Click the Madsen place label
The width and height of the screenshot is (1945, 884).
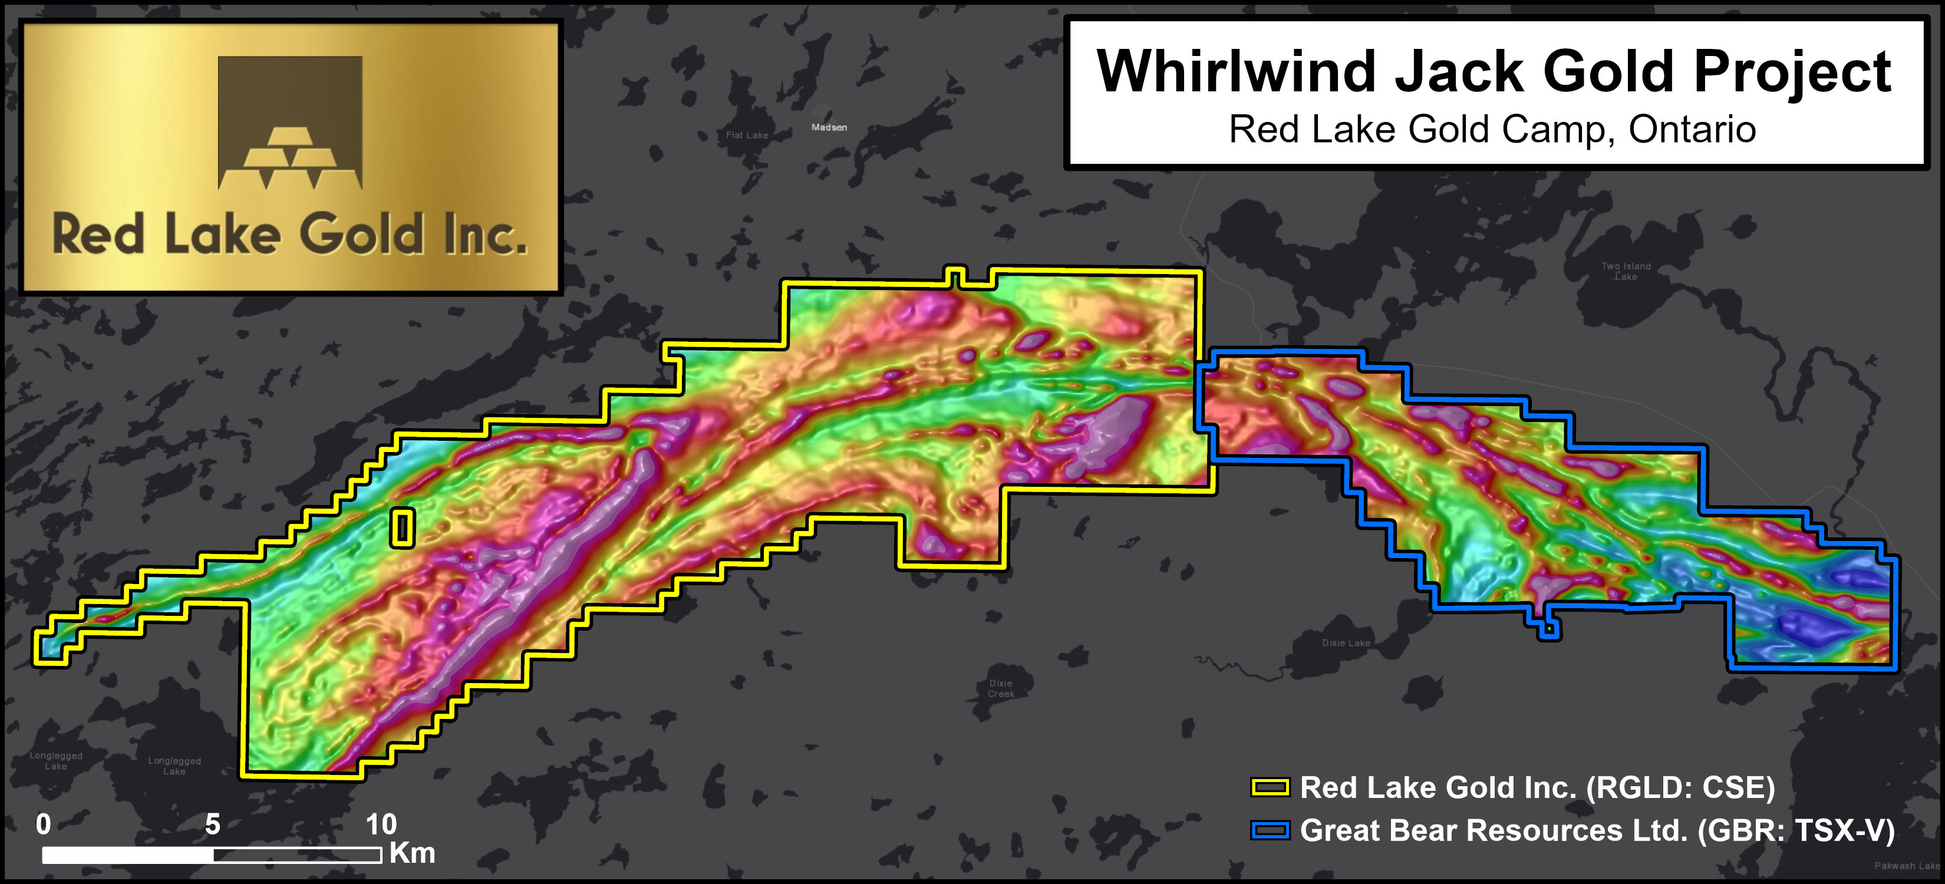(x=829, y=127)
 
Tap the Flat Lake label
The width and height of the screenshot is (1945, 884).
(x=747, y=135)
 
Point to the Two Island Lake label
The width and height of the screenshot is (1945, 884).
(x=1626, y=271)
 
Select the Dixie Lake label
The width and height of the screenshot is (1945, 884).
(x=1346, y=643)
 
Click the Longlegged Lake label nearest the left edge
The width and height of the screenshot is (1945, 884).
(x=56, y=760)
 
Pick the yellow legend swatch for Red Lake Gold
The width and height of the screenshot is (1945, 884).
(x=1271, y=788)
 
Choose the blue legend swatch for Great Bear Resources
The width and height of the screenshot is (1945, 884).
(x=1271, y=830)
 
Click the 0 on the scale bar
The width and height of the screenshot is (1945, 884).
(x=44, y=824)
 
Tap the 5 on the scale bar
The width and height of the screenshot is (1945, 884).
(x=213, y=824)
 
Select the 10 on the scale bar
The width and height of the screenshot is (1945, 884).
(x=381, y=824)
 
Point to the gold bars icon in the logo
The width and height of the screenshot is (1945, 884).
(x=290, y=159)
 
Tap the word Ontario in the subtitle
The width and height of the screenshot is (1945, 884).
(x=1692, y=129)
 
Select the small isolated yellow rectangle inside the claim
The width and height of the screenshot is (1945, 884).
(x=403, y=527)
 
